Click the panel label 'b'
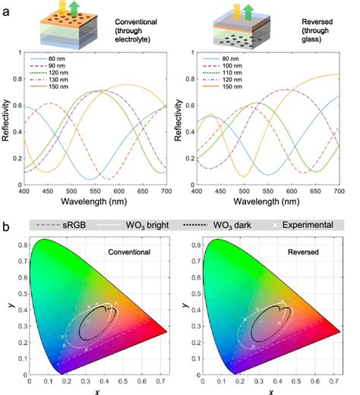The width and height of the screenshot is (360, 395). click(7, 226)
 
